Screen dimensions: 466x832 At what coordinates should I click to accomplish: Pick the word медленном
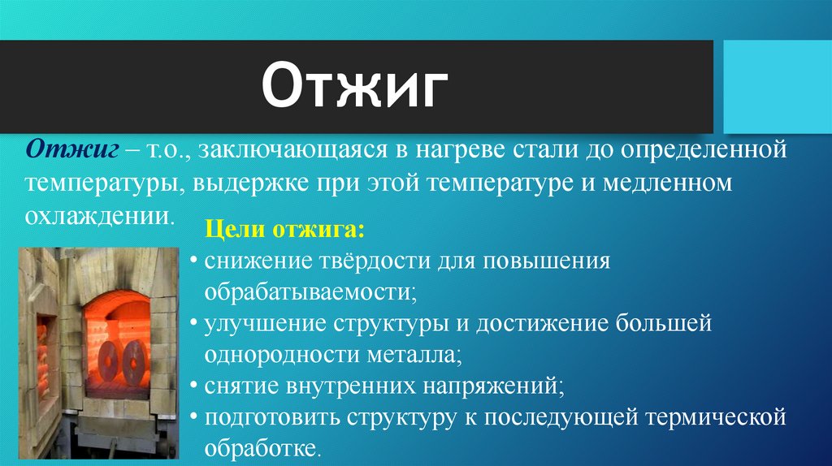667,183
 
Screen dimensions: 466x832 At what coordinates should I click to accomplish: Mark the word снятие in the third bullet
242,386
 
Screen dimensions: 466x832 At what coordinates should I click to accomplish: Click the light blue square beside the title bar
777,85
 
